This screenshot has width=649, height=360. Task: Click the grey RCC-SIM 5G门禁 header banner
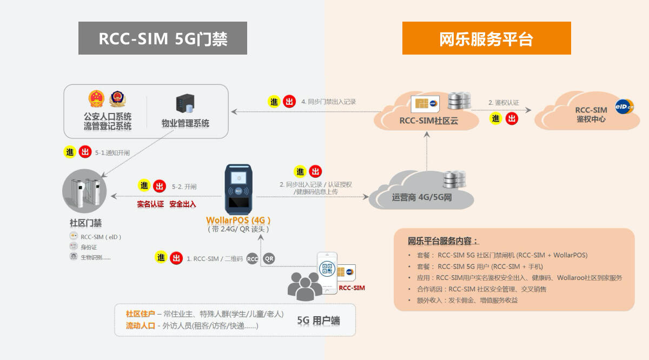click(x=162, y=38)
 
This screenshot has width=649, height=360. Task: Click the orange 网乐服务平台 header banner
click(x=486, y=38)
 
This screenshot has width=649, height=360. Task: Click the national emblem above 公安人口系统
click(x=96, y=99)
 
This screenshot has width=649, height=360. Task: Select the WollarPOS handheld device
click(x=239, y=189)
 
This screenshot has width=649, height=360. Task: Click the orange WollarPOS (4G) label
click(x=239, y=221)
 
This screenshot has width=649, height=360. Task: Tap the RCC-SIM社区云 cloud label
click(x=428, y=121)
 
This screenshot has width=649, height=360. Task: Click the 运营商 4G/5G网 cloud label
click(x=421, y=197)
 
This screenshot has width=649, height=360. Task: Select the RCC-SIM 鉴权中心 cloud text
click(x=591, y=115)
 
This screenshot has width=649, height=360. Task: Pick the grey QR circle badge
click(x=269, y=258)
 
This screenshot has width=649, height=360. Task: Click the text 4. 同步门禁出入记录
click(x=328, y=102)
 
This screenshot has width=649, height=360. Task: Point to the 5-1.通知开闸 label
click(x=112, y=153)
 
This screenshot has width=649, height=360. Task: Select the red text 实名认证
click(x=150, y=204)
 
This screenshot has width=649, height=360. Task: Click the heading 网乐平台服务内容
click(x=443, y=241)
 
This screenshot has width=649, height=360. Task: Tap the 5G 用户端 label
click(x=319, y=321)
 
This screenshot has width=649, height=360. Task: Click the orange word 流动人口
click(x=140, y=326)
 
